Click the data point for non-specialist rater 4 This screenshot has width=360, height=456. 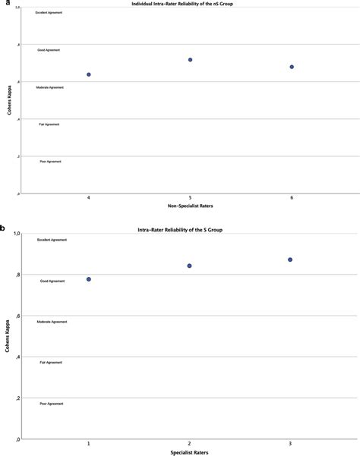coord(89,74)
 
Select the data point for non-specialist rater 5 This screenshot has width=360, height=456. coord(190,59)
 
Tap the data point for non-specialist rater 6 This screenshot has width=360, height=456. coord(292,67)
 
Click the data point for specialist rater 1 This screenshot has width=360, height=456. coord(89,279)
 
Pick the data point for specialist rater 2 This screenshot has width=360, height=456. coord(189,266)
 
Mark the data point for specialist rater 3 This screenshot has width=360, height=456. coord(290,259)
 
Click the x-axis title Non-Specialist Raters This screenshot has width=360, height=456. coord(190,206)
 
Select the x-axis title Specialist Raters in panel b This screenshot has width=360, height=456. coord(190,453)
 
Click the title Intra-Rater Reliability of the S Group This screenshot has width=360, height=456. coord(190,228)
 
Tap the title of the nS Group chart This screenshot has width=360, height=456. coord(190,5)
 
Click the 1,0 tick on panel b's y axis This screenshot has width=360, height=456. coord(15,233)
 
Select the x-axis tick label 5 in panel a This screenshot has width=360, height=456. coord(190,197)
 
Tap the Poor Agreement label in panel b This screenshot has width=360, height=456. coord(52,404)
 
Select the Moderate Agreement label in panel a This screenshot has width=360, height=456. coord(52,87)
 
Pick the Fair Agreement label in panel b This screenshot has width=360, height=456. coord(52,363)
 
